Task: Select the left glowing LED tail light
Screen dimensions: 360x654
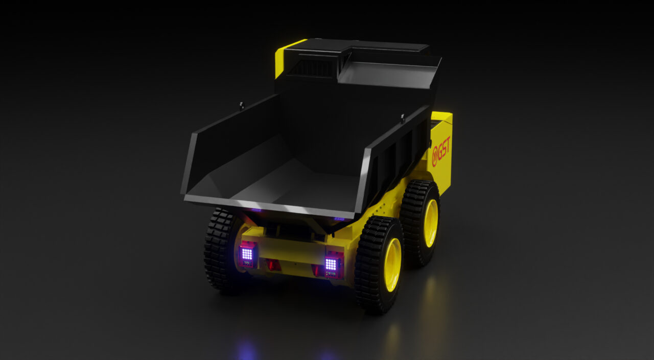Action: (247, 254)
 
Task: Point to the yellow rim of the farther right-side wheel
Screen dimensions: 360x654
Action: (431, 223)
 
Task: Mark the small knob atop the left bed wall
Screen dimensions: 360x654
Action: (241, 106)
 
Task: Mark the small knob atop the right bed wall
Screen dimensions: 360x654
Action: (403, 118)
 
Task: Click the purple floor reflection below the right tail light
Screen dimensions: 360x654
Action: (327, 354)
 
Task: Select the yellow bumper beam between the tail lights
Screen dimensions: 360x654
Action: (289, 251)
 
